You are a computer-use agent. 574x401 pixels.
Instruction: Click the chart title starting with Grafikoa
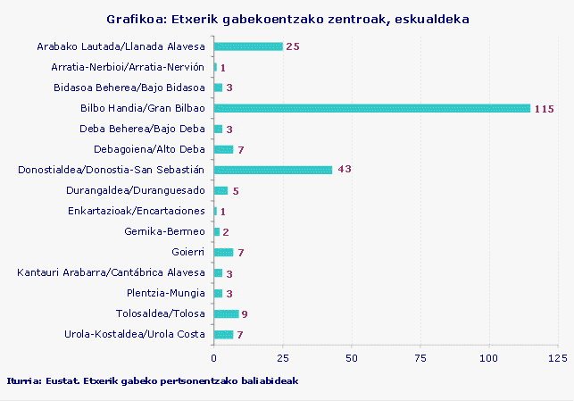(x=287, y=19)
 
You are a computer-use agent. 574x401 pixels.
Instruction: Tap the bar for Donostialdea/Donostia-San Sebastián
(x=273, y=170)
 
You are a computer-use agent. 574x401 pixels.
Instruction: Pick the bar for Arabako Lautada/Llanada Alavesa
(x=248, y=46)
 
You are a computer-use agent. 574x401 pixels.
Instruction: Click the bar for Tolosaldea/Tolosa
(x=227, y=313)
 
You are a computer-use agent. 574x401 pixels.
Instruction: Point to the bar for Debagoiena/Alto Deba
(x=223, y=149)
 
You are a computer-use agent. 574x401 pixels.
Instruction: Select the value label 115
(x=545, y=109)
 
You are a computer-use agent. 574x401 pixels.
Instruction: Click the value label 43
(x=345, y=170)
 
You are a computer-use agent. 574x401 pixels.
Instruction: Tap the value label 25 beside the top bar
(x=293, y=46)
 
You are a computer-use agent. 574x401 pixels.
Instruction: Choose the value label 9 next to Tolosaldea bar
(x=245, y=314)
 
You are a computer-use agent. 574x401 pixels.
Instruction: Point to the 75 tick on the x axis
(x=420, y=357)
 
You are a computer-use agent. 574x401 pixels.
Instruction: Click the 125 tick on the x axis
(x=558, y=357)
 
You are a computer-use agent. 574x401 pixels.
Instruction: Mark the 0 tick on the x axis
(x=214, y=357)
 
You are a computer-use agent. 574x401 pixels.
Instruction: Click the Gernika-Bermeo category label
(x=165, y=231)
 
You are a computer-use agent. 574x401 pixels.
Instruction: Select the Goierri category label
(x=188, y=252)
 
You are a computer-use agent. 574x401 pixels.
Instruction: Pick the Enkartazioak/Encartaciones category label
(x=137, y=211)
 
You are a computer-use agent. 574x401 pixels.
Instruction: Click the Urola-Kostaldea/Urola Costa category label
(x=135, y=334)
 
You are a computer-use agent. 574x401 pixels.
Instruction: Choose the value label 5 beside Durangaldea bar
(x=236, y=191)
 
